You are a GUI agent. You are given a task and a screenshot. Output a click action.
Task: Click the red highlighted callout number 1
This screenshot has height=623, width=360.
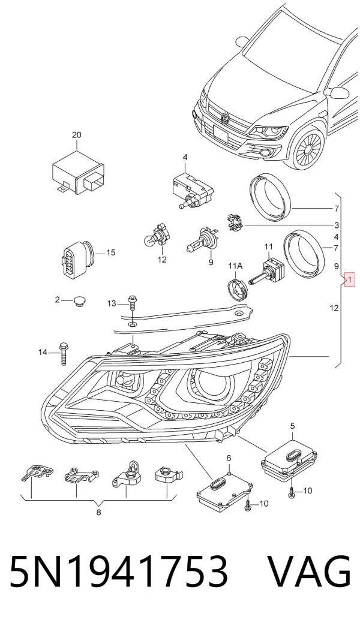coord(350,280)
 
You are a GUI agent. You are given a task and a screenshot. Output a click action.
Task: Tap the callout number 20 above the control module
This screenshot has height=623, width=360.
coord(76,135)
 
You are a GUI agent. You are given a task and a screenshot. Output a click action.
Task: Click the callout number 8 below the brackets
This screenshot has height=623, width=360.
coord(98,512)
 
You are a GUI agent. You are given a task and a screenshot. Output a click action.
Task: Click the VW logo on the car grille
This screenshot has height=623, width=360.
coord(226,118)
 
